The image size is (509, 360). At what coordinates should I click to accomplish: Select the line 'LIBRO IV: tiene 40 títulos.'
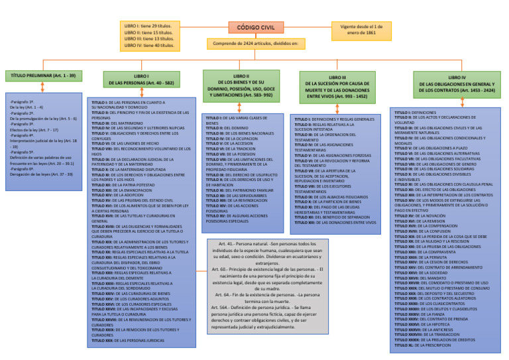[x=150, y=46]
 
